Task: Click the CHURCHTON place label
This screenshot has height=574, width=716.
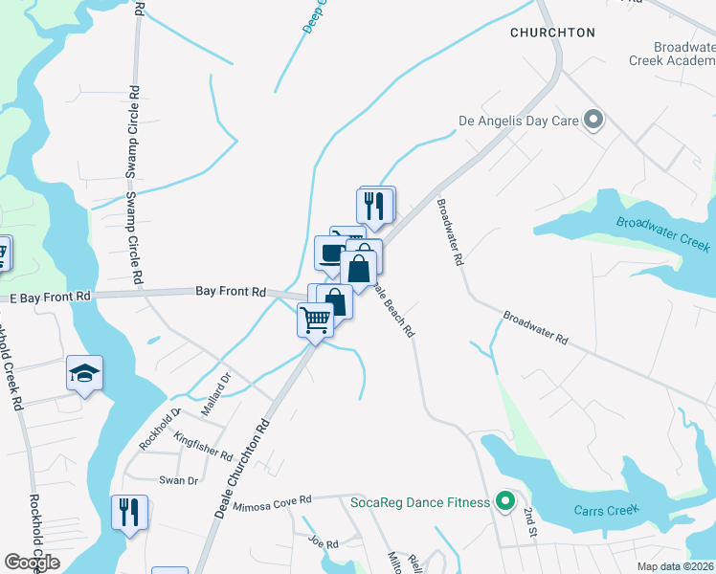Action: tap(552, 33)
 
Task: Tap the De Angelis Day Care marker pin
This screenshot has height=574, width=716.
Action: tap(593, 121)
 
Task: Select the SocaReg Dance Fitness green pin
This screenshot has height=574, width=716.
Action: tap(505, 501)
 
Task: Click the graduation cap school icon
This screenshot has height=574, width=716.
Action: tap(84, 373)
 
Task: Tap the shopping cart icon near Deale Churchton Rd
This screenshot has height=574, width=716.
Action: tap(315, 320)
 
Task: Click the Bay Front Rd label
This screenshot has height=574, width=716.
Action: tap(230, 290)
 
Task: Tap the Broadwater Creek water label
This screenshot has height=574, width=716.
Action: tap(663, 234)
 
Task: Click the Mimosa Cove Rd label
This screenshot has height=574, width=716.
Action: tap(277, 500)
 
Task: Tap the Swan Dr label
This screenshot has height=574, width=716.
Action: tap(178, 480)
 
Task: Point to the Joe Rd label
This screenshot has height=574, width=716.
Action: tap(324, 542)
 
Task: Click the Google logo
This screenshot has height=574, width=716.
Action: tap(32, 563)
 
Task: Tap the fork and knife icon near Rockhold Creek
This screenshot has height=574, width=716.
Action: tap(127, 512)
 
